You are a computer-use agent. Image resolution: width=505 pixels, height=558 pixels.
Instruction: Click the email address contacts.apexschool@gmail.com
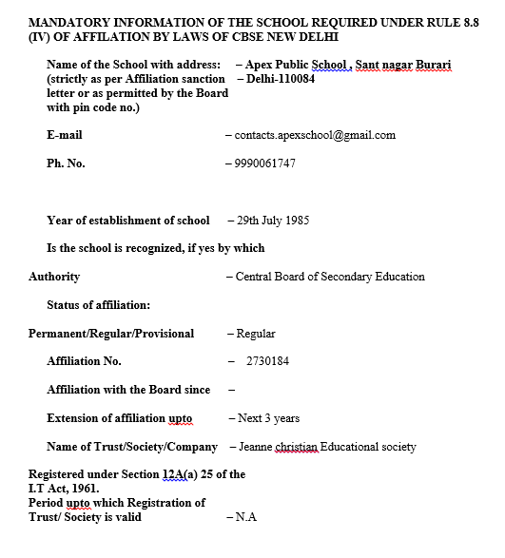314,135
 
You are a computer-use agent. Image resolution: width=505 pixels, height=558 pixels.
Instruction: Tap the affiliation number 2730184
267,361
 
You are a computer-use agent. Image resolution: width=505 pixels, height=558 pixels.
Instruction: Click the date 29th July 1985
272,221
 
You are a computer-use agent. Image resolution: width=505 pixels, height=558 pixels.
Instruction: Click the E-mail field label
64,135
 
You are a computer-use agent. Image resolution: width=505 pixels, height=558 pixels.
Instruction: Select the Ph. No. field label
66,164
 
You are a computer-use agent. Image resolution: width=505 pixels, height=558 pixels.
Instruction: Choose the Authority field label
54,277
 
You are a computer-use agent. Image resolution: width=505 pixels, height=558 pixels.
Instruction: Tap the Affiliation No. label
84,361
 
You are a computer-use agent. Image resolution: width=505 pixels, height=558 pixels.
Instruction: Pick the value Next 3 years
267,417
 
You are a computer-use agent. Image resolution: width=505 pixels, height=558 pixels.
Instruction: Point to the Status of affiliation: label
99,305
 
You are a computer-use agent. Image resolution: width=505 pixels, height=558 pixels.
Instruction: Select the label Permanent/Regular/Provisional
111,334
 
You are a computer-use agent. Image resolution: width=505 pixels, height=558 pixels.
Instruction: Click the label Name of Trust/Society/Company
133,446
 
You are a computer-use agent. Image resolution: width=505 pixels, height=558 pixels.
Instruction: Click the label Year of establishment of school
127,221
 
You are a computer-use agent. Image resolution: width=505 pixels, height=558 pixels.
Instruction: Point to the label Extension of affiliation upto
119,417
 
